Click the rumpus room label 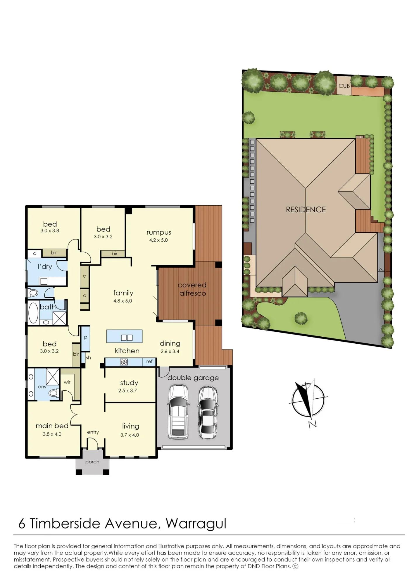point(159,233)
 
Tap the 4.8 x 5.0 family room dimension point(123,301)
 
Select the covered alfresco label point(192,289)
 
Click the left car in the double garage point(178,412)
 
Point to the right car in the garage point(208,412)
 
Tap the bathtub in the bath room point(33,313)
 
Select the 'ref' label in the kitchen point(149,362)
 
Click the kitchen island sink point(127,338)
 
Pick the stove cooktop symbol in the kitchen point(124,362)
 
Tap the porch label point(92,462)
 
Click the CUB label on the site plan point(344,86)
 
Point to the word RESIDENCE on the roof point(306,209)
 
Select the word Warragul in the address point(196,524)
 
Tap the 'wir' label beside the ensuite point(67,382)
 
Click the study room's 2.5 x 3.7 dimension point(127,390)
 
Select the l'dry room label point(45,266)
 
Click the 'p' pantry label point(86,338)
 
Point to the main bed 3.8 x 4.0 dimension point(52,434)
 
